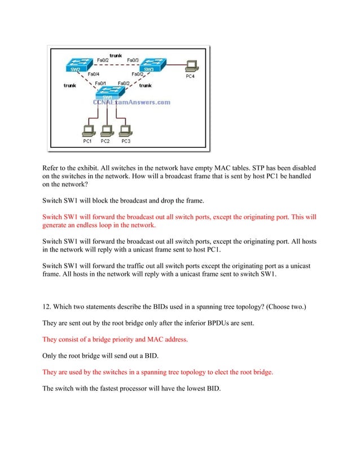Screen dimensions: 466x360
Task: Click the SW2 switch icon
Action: [x=74, y=65]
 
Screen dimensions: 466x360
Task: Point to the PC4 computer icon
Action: [x=191, y=65]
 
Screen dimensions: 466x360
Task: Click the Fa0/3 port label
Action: [x=134, y=60]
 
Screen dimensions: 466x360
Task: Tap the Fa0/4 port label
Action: [x=94, y=74]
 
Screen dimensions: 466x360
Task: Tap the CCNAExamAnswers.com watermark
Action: [x=131, y=103]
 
